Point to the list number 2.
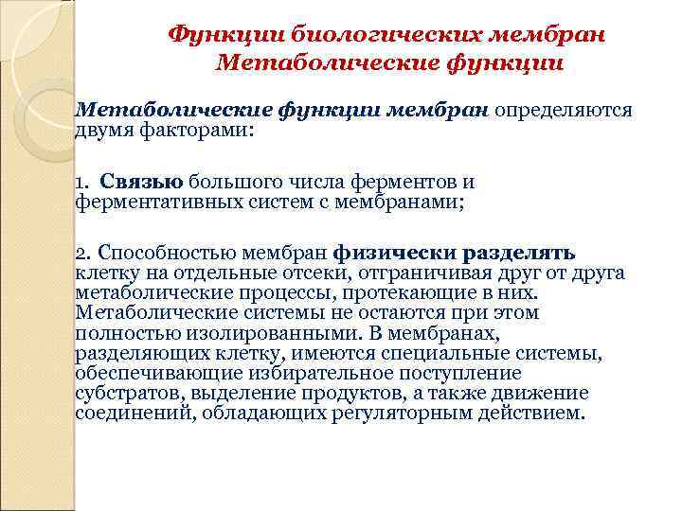coord(83,253)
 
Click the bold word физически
coord(396,253)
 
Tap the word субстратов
coord(122,393)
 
